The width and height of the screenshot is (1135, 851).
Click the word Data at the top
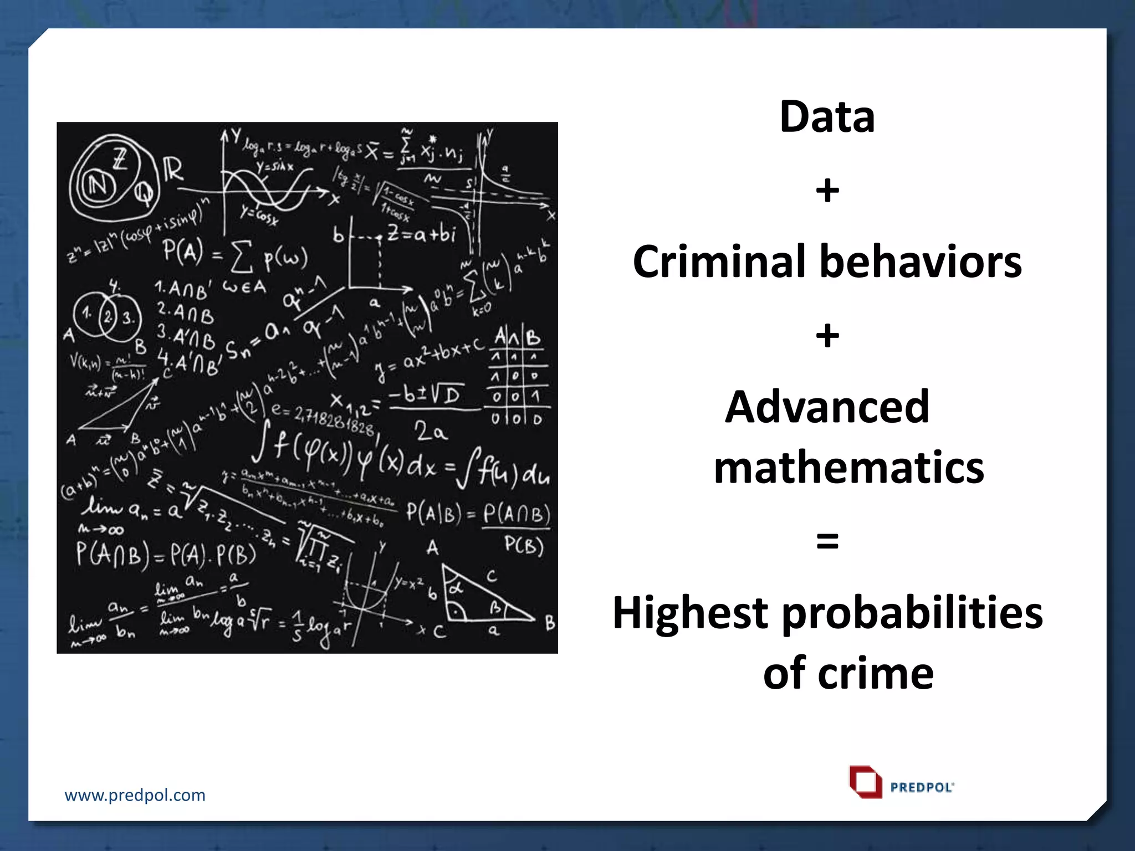(x=827, y=117)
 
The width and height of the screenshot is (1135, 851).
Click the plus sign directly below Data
(x=827, y=191)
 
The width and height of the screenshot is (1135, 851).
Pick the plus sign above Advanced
(x=827, y=336)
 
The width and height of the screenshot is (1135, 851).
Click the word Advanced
(x=827, y=407)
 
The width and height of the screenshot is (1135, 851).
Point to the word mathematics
(x=848, y=468)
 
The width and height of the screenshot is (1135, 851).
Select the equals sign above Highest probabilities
(x=827, y=541)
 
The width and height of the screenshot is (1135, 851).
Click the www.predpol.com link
(x=135, y=795)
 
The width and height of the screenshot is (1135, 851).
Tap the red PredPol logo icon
(x=865, y=782)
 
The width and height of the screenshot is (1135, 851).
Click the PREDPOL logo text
(x=922, y=787)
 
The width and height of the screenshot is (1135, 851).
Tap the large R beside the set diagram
(x=173, y=170)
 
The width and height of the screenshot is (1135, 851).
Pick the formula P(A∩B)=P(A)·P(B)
(x=166, y=555)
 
